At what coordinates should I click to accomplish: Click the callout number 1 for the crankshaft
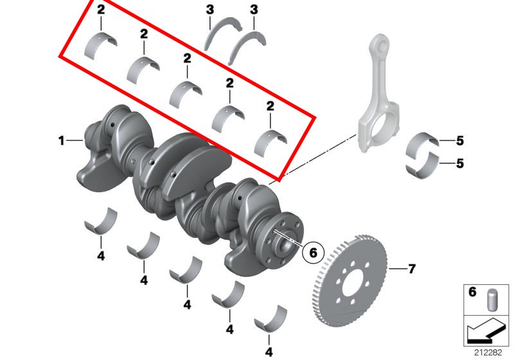pos(61,141)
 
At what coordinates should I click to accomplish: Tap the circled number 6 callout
pos(313,253)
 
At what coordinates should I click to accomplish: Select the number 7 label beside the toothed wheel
pos(412,269)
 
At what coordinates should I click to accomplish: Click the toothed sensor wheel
pos(349,281)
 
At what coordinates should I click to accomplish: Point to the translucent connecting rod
pos(378,95)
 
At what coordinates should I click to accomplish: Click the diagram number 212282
pos(488,353)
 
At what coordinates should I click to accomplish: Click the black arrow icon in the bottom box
pos(485,331)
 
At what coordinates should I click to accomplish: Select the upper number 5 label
pos(460,141)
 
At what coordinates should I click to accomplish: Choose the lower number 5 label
pos(460,163)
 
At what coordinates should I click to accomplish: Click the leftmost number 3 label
pos(210,10)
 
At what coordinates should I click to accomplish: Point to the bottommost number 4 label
pos(269,352)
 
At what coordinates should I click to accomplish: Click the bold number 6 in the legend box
pos(472,291)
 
